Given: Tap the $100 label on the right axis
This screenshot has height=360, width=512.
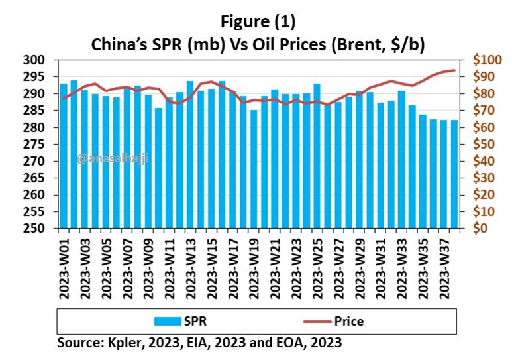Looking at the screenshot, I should click(x=487, y=60).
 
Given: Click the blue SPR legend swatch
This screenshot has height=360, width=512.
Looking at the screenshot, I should click(x=170, y=322).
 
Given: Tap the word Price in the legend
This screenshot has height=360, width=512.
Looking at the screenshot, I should click(x=349, y=322).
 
